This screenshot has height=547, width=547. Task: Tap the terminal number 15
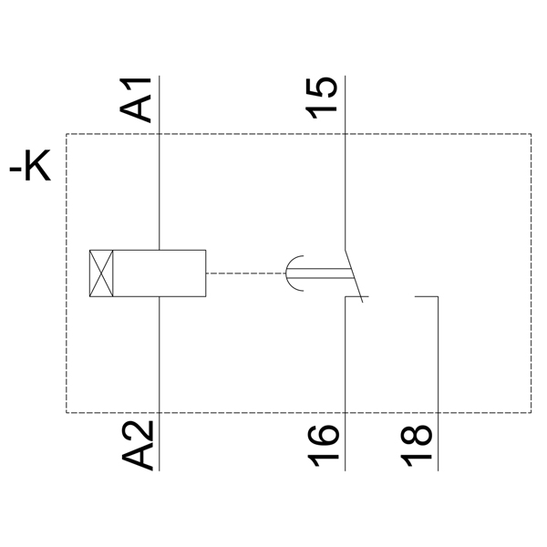click(322, 96)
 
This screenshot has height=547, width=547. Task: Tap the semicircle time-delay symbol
click(295, 273)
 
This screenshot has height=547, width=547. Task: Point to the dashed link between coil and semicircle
click(245, 273)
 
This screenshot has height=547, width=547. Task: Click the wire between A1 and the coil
click(160, 191)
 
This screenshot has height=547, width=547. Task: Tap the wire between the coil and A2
click(160, 356)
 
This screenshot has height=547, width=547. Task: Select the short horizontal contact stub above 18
click(428, 297)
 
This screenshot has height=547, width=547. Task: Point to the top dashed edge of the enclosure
click(273, 135)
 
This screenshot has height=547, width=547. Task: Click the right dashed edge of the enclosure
click(531, 273)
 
